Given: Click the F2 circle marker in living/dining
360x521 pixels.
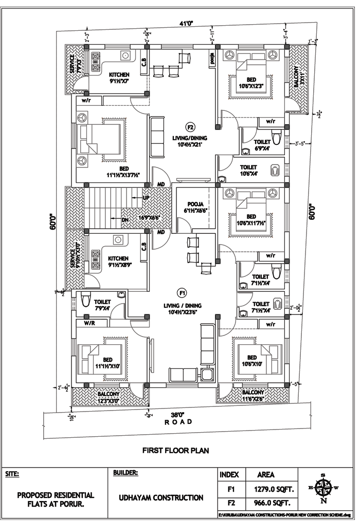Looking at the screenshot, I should (x=190, y=127).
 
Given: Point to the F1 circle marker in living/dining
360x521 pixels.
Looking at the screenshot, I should (x=182, y=293).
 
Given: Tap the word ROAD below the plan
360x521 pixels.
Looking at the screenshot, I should (x=178, y=422).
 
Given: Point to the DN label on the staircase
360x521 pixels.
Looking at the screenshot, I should (x=125, y=220).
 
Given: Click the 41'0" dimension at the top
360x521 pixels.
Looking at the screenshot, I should (x=186, y=23).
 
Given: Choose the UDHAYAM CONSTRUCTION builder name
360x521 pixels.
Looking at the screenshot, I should (x=161, y=497).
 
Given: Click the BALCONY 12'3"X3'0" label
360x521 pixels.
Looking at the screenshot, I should (x=109, y=398).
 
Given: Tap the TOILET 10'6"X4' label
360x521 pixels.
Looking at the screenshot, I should (x=248, y=170).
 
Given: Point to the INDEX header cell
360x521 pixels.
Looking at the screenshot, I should (x=229, y=475).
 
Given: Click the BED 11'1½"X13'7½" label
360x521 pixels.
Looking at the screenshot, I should (x=123, y=172).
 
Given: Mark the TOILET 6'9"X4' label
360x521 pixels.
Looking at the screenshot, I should (x=262, y=145).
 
